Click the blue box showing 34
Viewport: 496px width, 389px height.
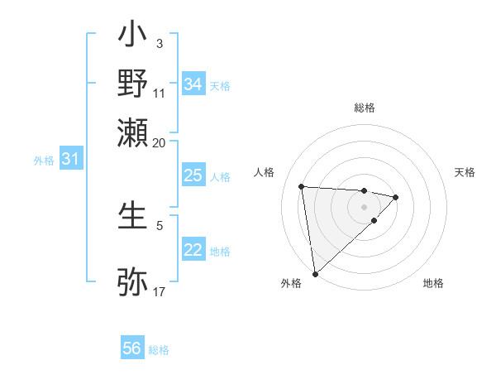pos(193,84)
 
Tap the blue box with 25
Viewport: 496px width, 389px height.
pos(193,175)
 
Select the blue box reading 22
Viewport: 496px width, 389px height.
pos(193,250)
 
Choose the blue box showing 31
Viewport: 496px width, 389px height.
pos(70,160)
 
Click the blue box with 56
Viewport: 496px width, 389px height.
pos(132,348)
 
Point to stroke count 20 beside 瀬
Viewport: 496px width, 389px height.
pos(159,142)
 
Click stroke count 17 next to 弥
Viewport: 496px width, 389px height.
pos(159,291)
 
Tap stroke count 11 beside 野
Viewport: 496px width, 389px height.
pos(159,94)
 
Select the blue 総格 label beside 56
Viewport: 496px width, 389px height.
pos(160,350)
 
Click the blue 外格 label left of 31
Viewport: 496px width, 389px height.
pos(44,161)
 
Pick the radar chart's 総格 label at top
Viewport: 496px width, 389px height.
pos(364,108)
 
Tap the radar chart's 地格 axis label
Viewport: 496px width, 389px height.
pos(433,283)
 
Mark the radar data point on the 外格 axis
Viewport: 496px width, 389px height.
pos(315,273)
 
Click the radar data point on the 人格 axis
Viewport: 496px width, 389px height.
pos(302,185)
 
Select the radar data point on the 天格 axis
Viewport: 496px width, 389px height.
pos(396,197)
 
